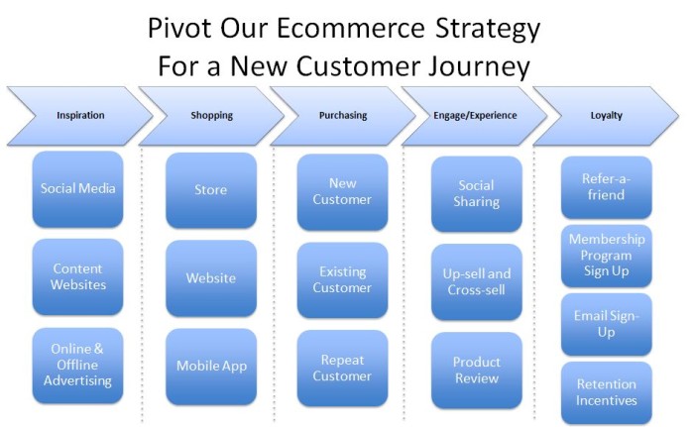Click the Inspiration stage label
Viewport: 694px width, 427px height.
pos(80,116)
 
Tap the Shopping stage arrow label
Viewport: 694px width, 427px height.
pos(211,116)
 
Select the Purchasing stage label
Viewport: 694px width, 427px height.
pos(343,116)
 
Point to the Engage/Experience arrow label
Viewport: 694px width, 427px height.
pos(475,116)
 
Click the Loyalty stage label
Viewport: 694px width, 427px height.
pos(607,116)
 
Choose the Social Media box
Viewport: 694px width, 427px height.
pos(78,189)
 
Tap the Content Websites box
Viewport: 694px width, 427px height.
pos(78,277)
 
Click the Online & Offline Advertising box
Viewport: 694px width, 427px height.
pos(78,366)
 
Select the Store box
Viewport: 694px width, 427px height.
pos(211,190)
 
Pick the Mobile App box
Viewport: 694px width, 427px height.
pos(211,367)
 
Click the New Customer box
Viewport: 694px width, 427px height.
pos(343,192)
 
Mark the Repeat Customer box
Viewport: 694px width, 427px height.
pos(343,369)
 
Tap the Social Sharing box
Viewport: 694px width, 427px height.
pos(477,194)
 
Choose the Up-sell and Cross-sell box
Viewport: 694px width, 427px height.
pos(477,282)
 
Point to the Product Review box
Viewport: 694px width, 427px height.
pos(477,371)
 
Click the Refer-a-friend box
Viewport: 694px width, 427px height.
pos(607,187)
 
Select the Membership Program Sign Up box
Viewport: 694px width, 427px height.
pos(607,256)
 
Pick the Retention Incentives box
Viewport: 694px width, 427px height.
pos(607,393)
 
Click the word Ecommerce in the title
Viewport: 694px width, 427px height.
pos(351,28)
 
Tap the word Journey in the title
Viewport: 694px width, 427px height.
pos(479,67)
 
